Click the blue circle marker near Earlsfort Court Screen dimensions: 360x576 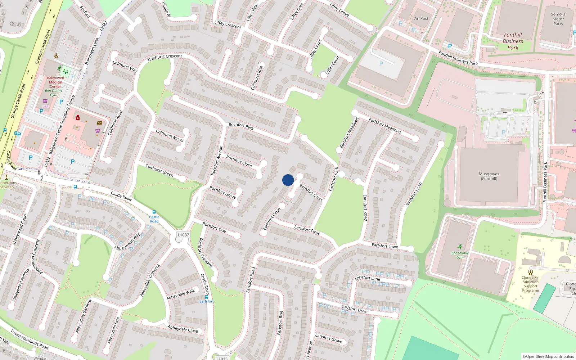[x=288, y=180]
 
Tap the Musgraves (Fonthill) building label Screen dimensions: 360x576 [x=489, y=176]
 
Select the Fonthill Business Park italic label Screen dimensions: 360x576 [x=513, y=41]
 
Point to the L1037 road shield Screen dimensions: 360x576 [x=183, y=235]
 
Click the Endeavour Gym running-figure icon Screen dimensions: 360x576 [x=460, y=247]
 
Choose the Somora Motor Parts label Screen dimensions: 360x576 [x=558, y=19]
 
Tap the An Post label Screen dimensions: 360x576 [x=421, y=18]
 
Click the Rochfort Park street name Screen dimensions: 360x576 [x=241, y=126]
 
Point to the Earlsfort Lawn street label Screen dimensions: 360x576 [x=385, y=246]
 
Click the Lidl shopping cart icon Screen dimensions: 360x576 [x=45, y=101]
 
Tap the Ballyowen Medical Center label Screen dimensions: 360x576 [x=55, y=82]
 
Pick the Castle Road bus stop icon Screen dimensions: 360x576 [x=154, y=212]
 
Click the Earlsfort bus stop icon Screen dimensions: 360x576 [x=206, y=297]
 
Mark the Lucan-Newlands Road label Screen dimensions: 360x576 [x=30, y=339]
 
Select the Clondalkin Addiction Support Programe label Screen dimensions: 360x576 [x=530, y=284]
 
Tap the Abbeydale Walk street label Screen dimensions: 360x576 [x=180, y=294]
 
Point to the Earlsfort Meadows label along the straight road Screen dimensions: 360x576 [x=384, y=126]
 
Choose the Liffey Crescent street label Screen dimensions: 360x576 [x=228, y=24]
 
